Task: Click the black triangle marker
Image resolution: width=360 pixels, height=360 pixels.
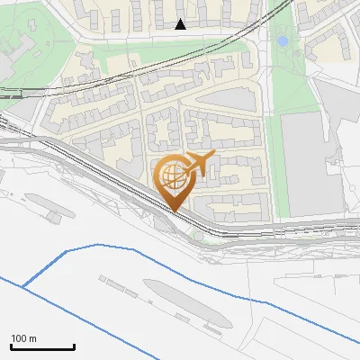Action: [181, 24]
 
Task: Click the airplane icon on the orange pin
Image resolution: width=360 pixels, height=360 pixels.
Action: [198, 164]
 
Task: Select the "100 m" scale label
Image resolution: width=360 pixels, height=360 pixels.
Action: [23, 338]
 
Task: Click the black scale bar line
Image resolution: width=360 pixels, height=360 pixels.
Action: [42, 346]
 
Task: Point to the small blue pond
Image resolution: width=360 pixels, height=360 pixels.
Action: [283, 40]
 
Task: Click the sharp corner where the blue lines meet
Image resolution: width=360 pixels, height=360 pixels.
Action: [22, 287]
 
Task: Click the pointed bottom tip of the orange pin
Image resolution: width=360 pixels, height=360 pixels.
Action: [173, 211]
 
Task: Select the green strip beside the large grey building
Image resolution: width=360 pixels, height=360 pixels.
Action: [280, 171]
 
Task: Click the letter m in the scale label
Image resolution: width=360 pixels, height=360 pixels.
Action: [32, 338]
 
